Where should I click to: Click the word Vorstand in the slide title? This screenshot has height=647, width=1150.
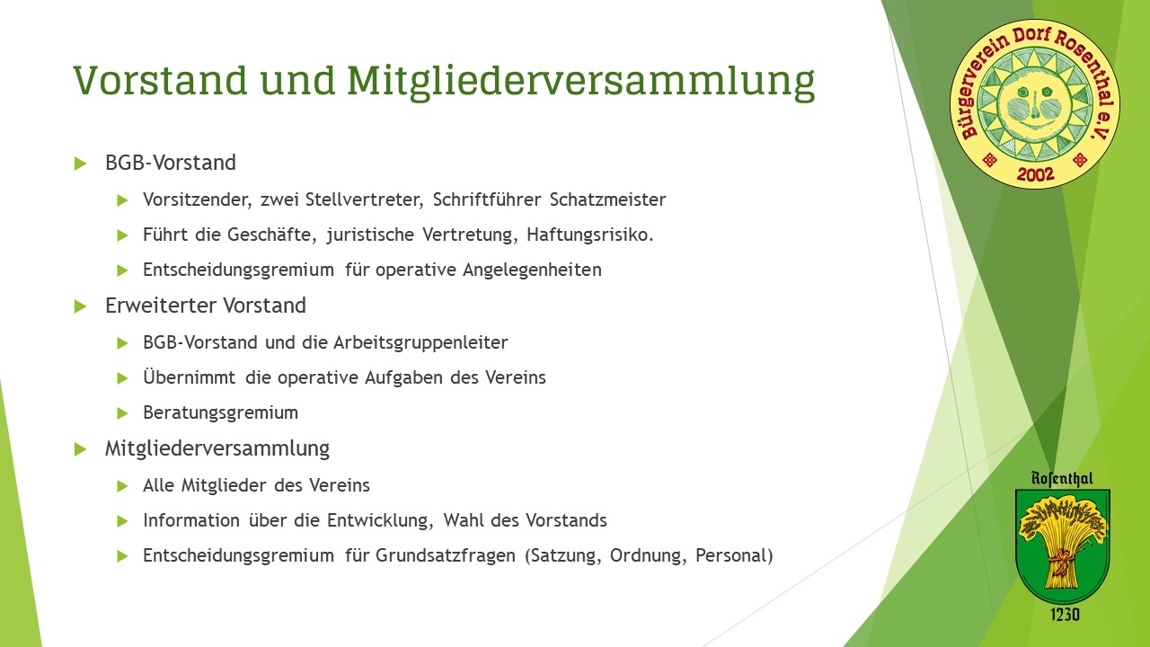click(x=161, y=80)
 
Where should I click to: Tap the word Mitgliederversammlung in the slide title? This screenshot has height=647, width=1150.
click(x=581, y=83)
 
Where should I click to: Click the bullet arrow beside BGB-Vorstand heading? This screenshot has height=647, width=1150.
click(x=80, y=164)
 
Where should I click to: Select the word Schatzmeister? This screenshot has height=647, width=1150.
click(x=608, y=199)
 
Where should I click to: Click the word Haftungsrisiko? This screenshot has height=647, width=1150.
click(x=590, y=235)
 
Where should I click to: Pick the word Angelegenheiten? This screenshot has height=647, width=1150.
click(x=533, y=270)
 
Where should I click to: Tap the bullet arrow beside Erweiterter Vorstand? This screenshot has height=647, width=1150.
click(x=80, y=306)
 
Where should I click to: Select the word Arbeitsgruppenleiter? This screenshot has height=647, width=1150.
click(x=420, y=342)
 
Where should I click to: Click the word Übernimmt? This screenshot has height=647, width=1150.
click(x=189, y=377)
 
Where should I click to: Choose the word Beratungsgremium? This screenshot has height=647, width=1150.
click(x=220, y=412)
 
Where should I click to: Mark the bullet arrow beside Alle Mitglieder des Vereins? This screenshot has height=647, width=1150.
click(x=122, y=486)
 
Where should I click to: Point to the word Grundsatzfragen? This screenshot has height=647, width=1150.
click(x=445, y=555)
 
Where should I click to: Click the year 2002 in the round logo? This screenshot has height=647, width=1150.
click(x=1035, y=174)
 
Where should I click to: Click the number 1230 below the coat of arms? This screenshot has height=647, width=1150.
click(x=1065, y=614)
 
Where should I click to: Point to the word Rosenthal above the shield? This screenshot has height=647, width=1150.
click(x=1062, y=479)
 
